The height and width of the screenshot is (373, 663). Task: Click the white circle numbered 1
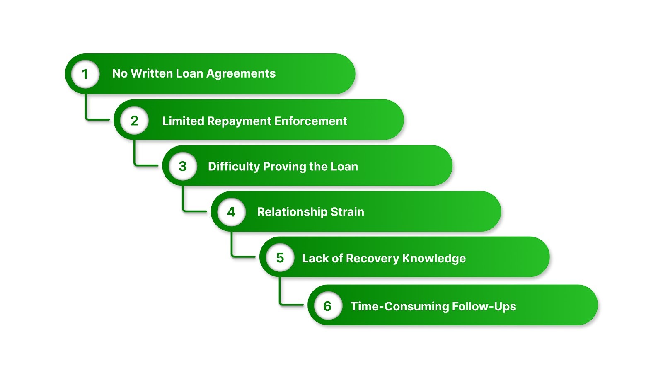[85, 74]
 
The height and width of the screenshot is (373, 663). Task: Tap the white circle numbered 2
[134, 121]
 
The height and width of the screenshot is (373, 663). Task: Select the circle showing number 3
[183, 166]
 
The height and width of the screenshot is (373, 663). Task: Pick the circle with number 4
[231, 212]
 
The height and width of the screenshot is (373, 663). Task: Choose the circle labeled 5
[280, 258]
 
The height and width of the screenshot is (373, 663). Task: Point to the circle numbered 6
[327, 306]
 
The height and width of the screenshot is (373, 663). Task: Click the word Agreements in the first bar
[241, 74]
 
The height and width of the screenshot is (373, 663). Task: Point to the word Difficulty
[234, 167]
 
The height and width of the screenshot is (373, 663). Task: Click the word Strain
[347, 212]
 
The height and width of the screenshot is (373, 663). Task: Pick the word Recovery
[372, 258]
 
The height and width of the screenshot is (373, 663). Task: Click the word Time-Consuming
[399, 306]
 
